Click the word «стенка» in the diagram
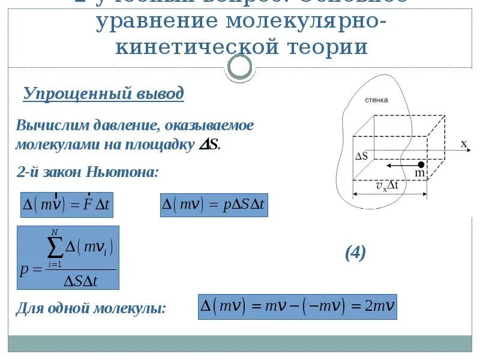click(x=376, y=100)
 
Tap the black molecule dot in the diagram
click(x=421, y=164)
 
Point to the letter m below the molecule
click(x=420, y=173)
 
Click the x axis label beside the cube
click(x=464, y=144)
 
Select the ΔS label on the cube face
click(x=362, y=155)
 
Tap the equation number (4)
click(x=355, y=253)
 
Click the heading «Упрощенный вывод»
click(x=104, y=94)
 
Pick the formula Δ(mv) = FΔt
click(x=67, y=205)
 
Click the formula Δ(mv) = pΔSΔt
click(x=213, y=205)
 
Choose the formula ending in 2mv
click(x=298, y=306)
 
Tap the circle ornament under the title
click(x=240, y=68)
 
